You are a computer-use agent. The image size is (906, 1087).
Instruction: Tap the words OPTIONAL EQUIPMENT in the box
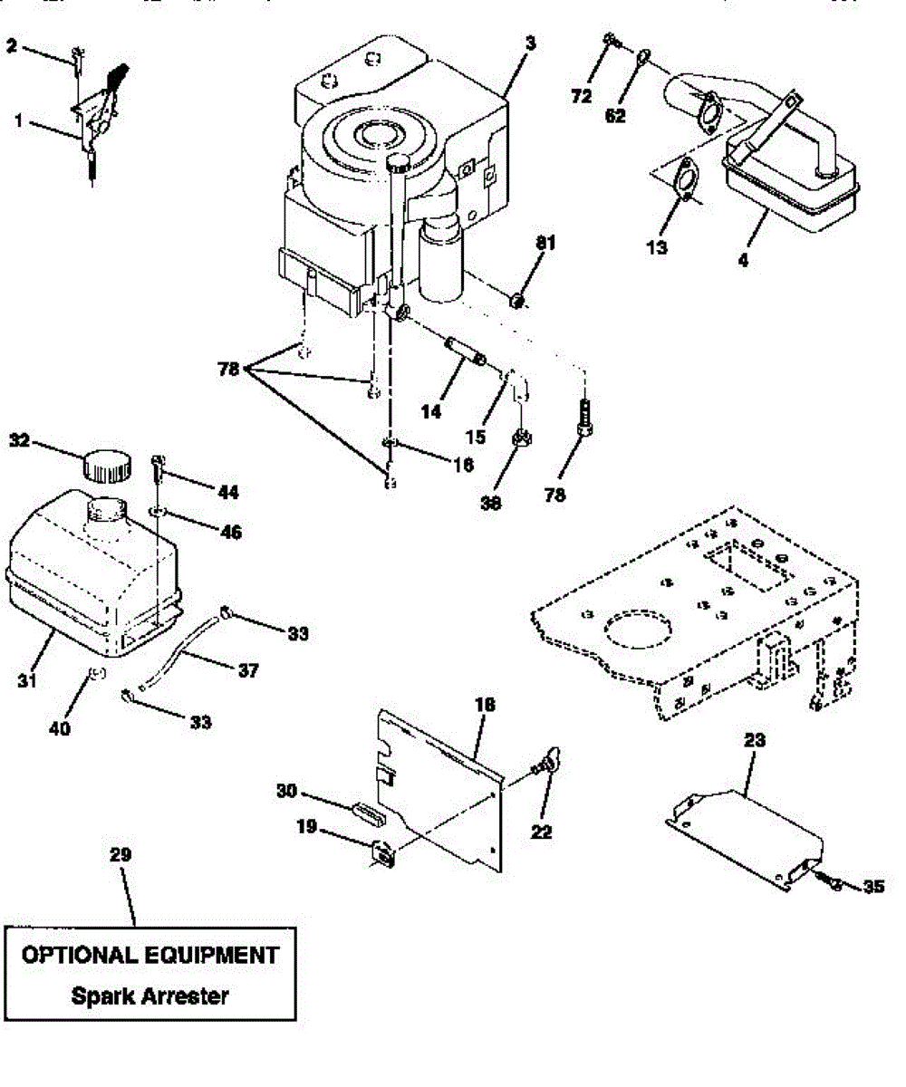(x=149, y=955)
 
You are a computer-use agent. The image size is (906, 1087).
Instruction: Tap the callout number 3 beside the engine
(x=530, y=43)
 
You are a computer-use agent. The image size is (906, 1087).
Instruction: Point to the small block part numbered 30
(x=366, y=808)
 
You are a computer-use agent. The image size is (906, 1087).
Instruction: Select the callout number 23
(x=755, y=741)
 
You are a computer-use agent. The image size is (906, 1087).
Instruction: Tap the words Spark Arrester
(x=149, y=996)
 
